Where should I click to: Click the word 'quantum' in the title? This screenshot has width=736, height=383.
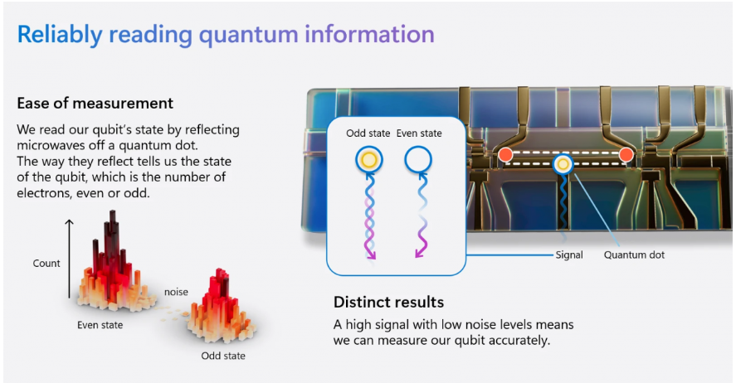249,35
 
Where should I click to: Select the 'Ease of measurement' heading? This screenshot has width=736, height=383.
95,103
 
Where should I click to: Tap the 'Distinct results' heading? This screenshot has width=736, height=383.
388,302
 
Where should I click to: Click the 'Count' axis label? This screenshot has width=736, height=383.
46,264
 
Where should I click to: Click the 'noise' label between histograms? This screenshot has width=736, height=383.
176,292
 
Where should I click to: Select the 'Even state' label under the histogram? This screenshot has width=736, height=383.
100,325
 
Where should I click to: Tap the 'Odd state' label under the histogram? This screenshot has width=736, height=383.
223,356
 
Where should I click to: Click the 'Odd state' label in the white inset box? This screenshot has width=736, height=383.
368,133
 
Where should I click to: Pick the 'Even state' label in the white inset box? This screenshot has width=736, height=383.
419,133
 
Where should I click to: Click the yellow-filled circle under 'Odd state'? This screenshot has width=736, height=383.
369,160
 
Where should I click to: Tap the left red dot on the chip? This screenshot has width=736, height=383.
505,155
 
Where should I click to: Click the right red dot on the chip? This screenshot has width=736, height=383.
626,155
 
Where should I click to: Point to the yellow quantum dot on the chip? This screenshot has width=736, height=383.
563,164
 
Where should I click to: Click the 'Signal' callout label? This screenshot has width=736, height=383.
569,255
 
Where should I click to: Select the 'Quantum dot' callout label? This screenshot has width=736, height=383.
634,255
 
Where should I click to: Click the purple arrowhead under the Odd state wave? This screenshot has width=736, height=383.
371,255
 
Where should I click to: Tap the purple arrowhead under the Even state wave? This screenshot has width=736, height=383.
420,253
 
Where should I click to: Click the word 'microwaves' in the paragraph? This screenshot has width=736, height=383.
56,145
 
